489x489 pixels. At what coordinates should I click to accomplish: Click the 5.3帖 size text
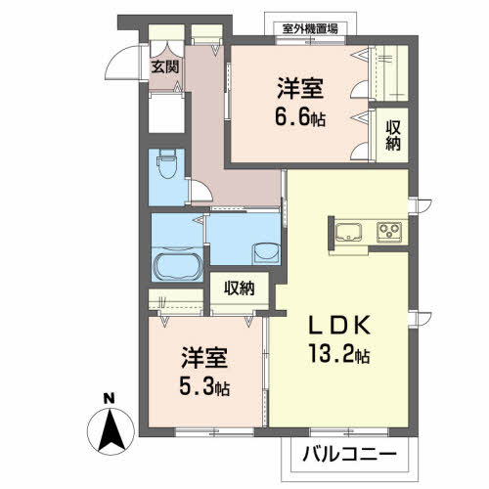(x=202, y=386)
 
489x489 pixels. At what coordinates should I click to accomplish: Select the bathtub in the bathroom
(x=177, y=264)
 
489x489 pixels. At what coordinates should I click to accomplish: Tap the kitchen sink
(x=349, y=233)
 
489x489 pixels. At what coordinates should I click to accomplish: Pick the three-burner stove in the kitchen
(x=388, y=233)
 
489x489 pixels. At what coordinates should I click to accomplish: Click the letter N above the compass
(x=109, y=398)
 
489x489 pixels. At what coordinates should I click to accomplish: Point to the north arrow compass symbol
(x=109, y=426)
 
